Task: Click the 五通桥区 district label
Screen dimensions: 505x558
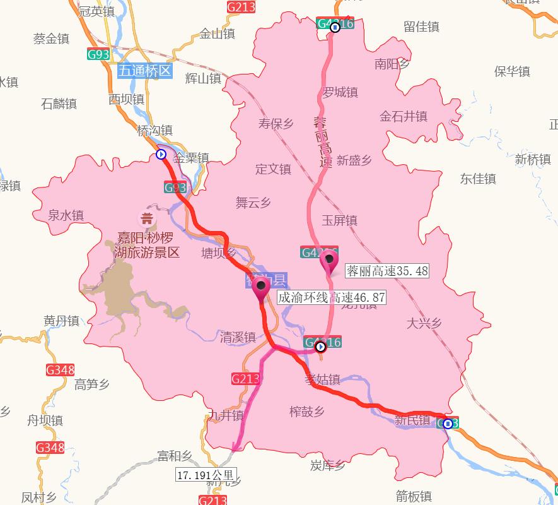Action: click(x=144, y=70)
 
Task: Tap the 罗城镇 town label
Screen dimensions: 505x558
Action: click(x=340, y=92)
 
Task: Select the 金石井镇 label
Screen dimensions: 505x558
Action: click(x=403, y=116)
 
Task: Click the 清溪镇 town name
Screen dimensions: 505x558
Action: click(x=238, y=336)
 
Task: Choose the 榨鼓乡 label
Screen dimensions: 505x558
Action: click(x=306, y=412)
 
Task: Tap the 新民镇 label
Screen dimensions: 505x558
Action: click(x=412, y=420)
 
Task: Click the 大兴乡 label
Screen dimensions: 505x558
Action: click(x=424, y=323)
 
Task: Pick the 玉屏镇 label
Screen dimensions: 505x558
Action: click(x=339, y=220)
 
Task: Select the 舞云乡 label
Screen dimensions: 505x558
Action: click(x=253, y=203)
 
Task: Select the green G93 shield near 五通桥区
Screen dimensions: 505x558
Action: click(x=98, y=54)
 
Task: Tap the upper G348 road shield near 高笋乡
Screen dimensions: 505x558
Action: click(x=60, y=370)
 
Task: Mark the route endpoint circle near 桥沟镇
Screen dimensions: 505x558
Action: click(x=161, y=154)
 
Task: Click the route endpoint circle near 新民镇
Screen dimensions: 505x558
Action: click(x=448, y=424)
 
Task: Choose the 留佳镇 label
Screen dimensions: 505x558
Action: click(x=421, y=27)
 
